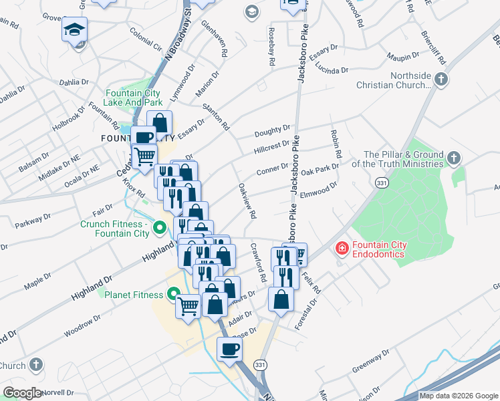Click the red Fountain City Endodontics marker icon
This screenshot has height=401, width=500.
click(x=342, y=249)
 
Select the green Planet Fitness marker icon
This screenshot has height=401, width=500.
click(x=173, y=294)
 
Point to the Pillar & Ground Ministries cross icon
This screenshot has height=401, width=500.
click(x=454, y=158)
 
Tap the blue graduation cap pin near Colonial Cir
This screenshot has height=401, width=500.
click(x=75, y=29)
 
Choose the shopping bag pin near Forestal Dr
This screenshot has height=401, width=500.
click(x=281, y=299)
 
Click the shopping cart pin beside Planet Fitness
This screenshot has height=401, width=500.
click(x=189, y=307)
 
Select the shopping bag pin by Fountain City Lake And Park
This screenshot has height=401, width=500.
click(x=160, y=122)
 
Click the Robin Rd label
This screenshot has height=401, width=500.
click(x=336, y=144)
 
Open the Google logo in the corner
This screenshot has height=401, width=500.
click(x=23, y=393)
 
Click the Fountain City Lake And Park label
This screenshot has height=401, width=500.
click(x=134, y=98)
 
